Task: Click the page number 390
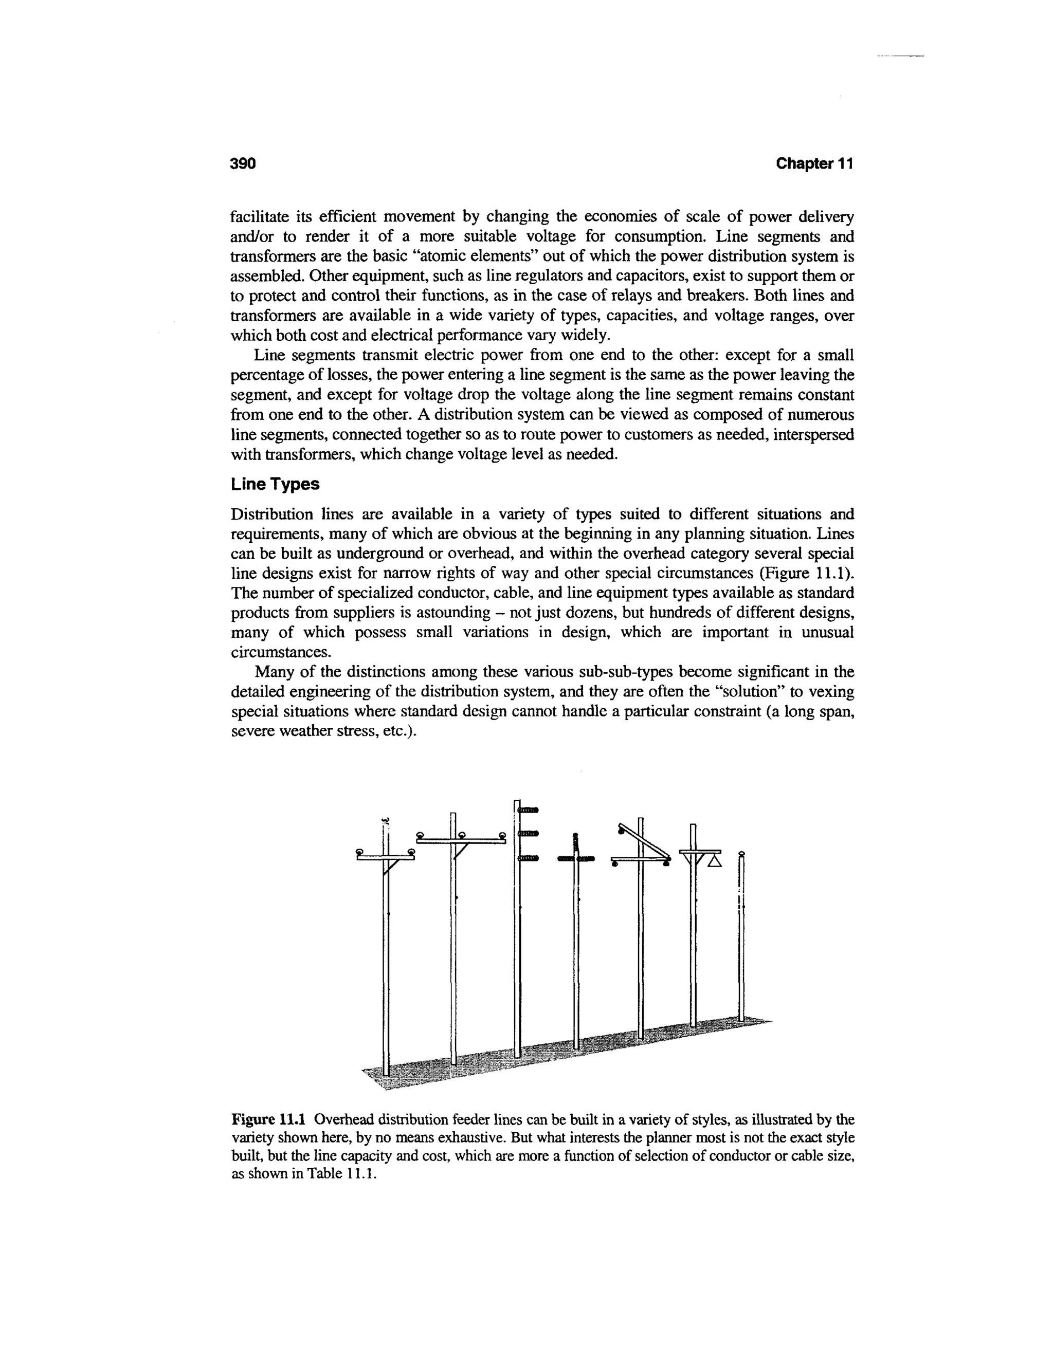pyautogui.click(x=243, y=164)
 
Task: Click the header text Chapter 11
pyautogui.click(x=813, y=164)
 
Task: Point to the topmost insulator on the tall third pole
pyautogui.click(x=528, y=810)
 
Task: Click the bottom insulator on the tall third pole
pyautogui.click(x=528, y=859)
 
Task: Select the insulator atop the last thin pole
pyautogui.click(x=741, y=853)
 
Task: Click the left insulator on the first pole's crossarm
pyautogui.click(x=359, y=851)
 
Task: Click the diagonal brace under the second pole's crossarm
pyautogui.click(x=462, y=851)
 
